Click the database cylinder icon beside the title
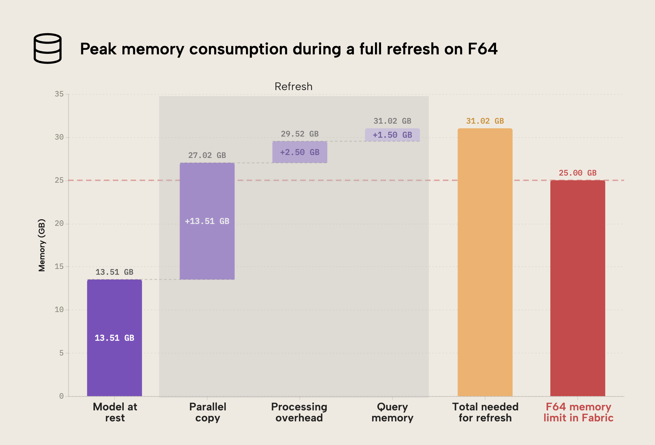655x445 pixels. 47,49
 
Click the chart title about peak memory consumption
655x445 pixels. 289,49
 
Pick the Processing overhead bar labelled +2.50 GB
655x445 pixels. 299,152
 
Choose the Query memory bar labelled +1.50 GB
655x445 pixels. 392,135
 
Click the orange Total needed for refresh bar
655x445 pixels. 485,262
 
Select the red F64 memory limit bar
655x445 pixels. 578,288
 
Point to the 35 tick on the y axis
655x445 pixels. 59,94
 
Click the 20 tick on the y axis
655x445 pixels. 59,224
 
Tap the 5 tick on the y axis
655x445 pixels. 61,353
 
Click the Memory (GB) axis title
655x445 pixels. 42,245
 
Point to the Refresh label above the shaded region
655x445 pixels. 293,87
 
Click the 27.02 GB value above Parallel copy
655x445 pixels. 207,155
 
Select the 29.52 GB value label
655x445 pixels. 299,134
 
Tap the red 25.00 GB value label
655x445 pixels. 578,173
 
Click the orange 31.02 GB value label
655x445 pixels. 485,121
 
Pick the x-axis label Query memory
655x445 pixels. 392,412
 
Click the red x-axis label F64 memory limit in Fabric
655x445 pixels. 578,412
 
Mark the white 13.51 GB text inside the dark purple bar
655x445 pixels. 114,338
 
